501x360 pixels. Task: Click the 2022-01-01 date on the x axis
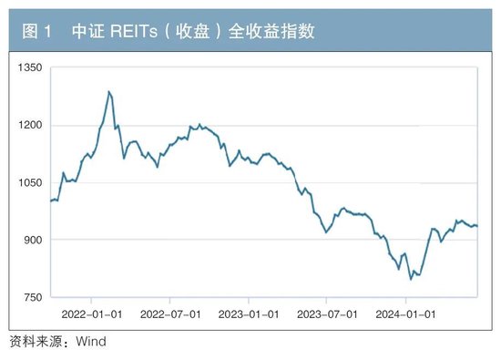tap(93, 313)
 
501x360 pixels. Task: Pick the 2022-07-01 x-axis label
tap(171, 313)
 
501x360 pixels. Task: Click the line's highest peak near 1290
tap(109, 91)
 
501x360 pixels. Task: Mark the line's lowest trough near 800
tap(411, 279)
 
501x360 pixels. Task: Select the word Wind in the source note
tap(90, 342)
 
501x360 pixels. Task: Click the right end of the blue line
tap(478, 226)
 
